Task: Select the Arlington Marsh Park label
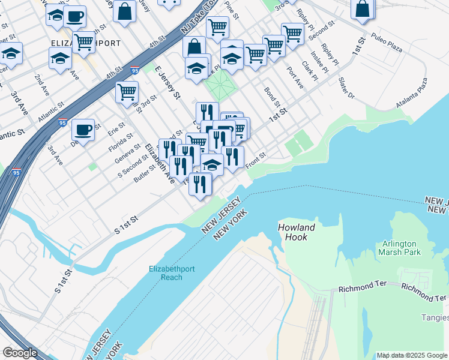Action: pyautogui.click(x=408, y=248)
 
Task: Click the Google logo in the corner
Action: pyautogui.click(x=19, y=353)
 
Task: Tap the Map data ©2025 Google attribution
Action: pyautogui.click(x=412, y=355)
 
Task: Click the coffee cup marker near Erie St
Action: pyautogui.click(x=83, y=129)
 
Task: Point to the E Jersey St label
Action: pyautogui.click(x=167, y=83)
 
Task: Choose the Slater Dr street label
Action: pyautogui.click(x=346, y=88)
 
